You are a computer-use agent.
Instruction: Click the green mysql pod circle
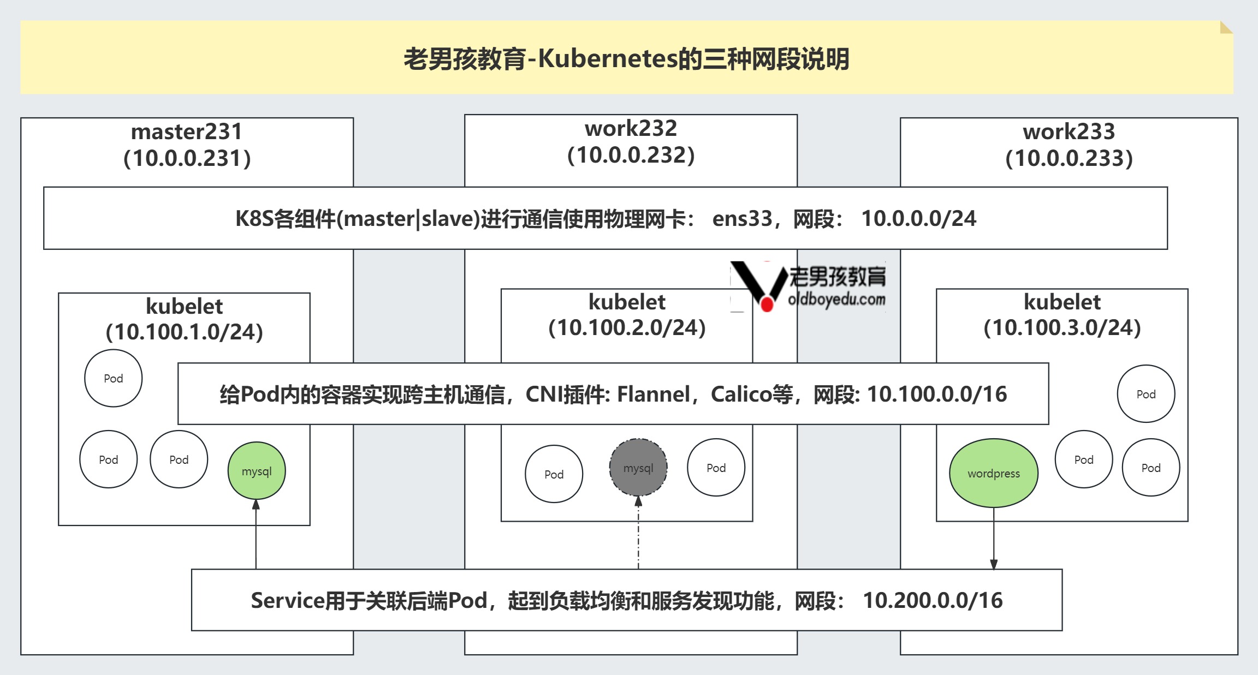(257, 470)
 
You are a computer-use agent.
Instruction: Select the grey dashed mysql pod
(638, 468)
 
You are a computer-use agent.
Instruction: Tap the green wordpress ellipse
(993, 473)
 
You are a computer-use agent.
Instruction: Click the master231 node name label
(187, 132)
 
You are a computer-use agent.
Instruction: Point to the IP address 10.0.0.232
(631, 155)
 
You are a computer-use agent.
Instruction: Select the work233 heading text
(1069, 132)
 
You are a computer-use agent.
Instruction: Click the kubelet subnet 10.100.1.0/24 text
(185, 332)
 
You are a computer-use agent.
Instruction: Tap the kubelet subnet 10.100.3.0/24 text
(1062, 327)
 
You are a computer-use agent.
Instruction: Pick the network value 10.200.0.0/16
(933, 600)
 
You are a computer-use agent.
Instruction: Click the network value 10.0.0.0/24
(918, 218)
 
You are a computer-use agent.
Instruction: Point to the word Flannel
(653, 394)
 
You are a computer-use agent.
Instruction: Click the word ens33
(742, 218)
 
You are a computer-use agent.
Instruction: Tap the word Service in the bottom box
(287, 600)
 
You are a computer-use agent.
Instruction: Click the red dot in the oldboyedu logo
(767, 304)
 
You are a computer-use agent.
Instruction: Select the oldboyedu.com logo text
(836, 299)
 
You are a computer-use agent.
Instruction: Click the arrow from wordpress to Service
(994, 537)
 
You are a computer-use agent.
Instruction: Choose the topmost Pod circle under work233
(1146, 394)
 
